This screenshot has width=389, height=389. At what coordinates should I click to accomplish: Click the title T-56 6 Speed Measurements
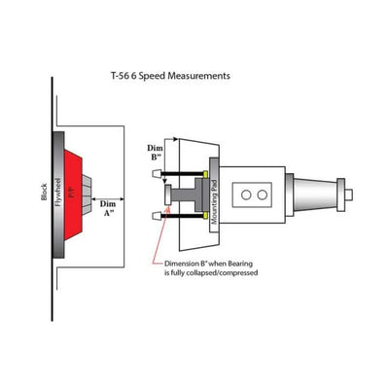[170, 76]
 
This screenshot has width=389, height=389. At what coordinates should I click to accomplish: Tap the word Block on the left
[44, 192]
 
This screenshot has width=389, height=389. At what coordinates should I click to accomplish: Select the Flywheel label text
[58, 193]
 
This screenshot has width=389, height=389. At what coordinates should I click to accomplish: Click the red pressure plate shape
[73, 194]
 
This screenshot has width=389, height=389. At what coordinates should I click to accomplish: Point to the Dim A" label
[108, 208]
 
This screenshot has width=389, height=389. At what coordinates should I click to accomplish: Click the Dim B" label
[155, 153]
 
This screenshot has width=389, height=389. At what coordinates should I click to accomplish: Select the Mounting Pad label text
[214, 196]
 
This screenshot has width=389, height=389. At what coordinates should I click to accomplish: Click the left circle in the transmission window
[246, 194]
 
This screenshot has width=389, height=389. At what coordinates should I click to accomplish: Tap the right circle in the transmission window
[262, 194]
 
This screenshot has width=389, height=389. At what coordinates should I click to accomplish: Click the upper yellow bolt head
[205, 174]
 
